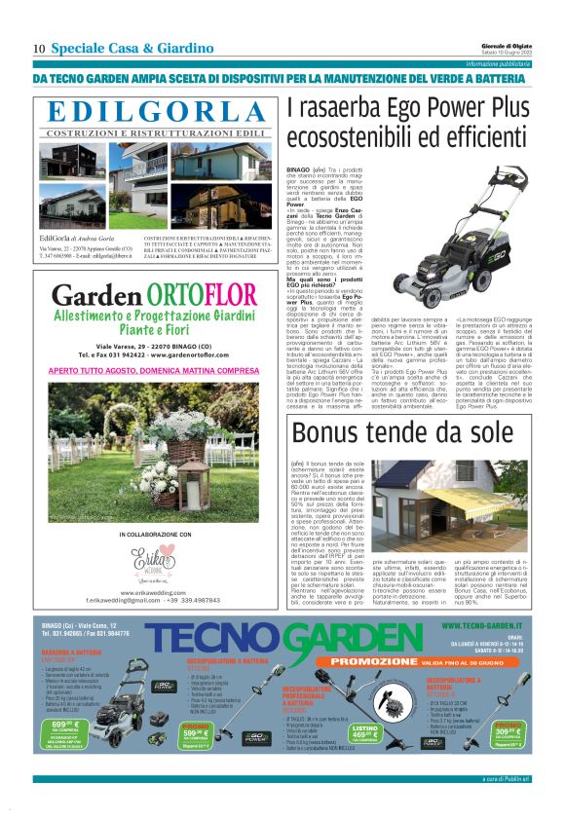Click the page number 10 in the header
point(39,49)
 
